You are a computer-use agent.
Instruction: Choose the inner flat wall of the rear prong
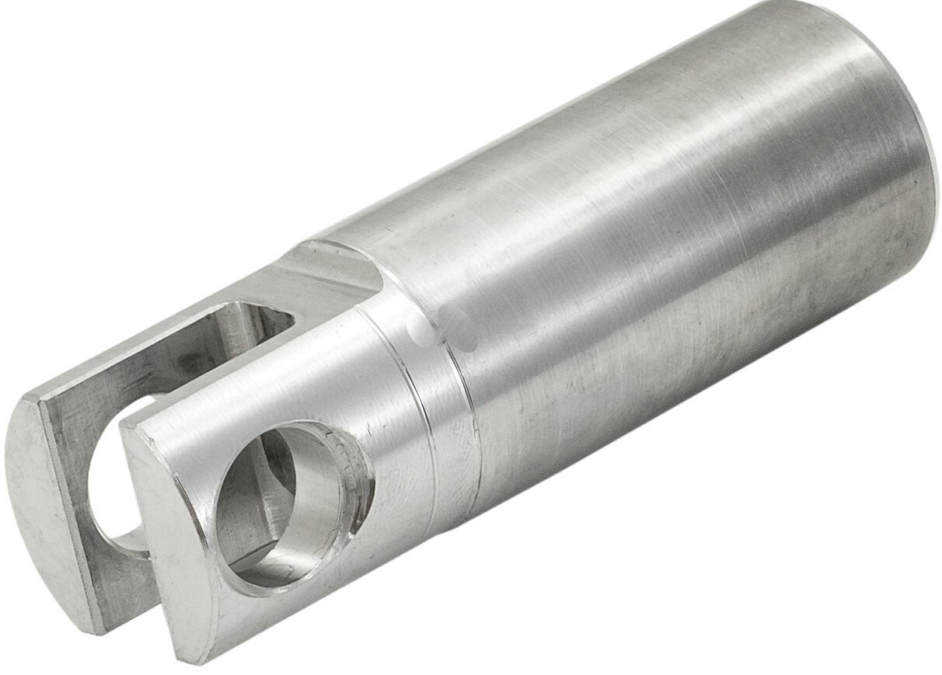click(x=155, y=365)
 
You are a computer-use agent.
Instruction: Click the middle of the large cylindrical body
click(x=661, y=256)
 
